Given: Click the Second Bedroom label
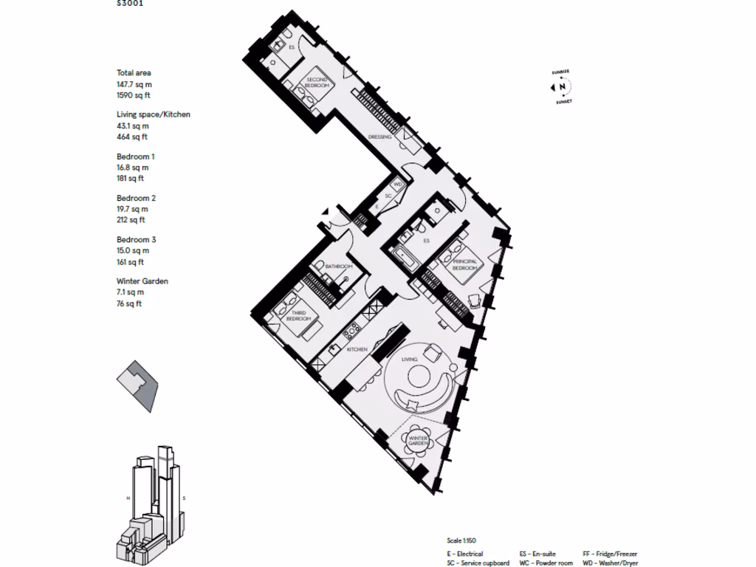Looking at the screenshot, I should click(x=317, y=82).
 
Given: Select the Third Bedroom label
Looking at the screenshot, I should click(x=300, y=316).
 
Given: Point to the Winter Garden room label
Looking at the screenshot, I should click(x=419, y=440).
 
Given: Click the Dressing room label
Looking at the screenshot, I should click(x=379, y=137).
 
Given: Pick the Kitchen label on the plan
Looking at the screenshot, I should click(x=357, y=349).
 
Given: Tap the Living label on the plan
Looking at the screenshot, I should click(x=409, y=359).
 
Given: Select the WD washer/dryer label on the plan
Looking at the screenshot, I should click(x=396, y=184).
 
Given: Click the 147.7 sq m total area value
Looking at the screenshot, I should click(x=134, y=85).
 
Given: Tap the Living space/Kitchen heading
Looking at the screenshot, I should click(x=154, y=114).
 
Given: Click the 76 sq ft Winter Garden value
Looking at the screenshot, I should click(x=129, y=303).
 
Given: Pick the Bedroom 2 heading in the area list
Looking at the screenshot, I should click(x=136, y=198).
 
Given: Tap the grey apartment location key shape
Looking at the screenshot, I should click(x=137, y=385).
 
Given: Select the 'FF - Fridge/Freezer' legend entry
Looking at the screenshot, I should click(x=609, y=553).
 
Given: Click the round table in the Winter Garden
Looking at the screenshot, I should click(x=419, y=440).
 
